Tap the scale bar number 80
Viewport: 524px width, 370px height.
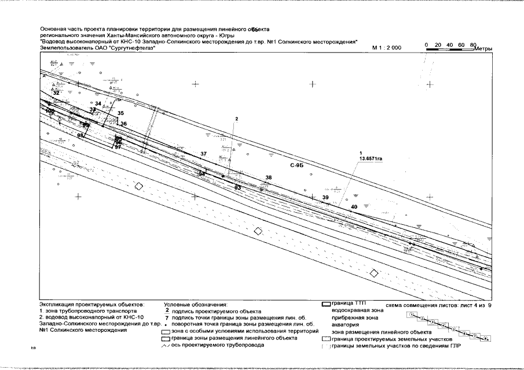473,44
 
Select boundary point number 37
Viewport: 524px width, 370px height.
203,154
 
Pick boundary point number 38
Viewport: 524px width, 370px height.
268,177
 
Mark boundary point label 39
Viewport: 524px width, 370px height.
325,198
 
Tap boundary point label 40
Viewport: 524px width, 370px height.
354,206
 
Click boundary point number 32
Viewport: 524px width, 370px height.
56,92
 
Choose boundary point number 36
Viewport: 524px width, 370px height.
123,124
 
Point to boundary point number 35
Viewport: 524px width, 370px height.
120,113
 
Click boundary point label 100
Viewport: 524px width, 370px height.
50,110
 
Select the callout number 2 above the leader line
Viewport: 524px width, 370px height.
236,119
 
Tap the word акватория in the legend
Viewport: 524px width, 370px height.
344,325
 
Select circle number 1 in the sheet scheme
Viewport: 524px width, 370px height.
411,314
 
